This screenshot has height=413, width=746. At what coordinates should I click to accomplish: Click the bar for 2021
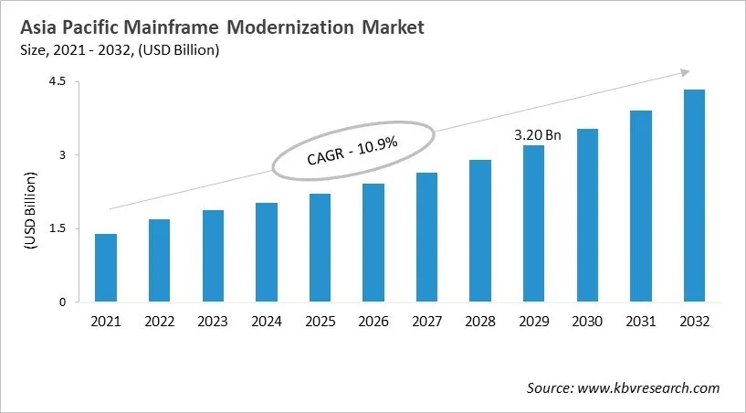(x=106, y=268)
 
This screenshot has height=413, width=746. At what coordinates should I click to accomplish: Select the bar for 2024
(x=266, y=252)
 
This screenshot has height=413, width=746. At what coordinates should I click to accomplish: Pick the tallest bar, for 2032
(x=693, y=196)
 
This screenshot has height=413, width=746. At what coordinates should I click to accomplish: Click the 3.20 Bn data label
(x=537, y=134)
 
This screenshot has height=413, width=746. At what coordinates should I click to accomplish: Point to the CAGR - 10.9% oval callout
(x=352, y=149)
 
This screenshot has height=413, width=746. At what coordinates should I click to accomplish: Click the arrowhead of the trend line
(x=682, y=72)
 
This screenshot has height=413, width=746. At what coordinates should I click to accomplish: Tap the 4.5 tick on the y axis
(x=58, y=81)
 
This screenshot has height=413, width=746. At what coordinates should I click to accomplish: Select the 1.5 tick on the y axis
(x=58, y=228)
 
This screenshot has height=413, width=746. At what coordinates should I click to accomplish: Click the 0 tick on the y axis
(x=63, y=302)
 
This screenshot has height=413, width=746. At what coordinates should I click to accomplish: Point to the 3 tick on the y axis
(x=63, y=155)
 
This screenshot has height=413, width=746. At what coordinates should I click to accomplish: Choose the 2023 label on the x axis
(x=213, y=321)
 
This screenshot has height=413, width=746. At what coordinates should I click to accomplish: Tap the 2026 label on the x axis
(x=373, y=321)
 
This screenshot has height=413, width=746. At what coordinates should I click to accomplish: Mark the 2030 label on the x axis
(x=586, y=321)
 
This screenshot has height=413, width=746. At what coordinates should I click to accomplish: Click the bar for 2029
(x=533, y=224)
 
